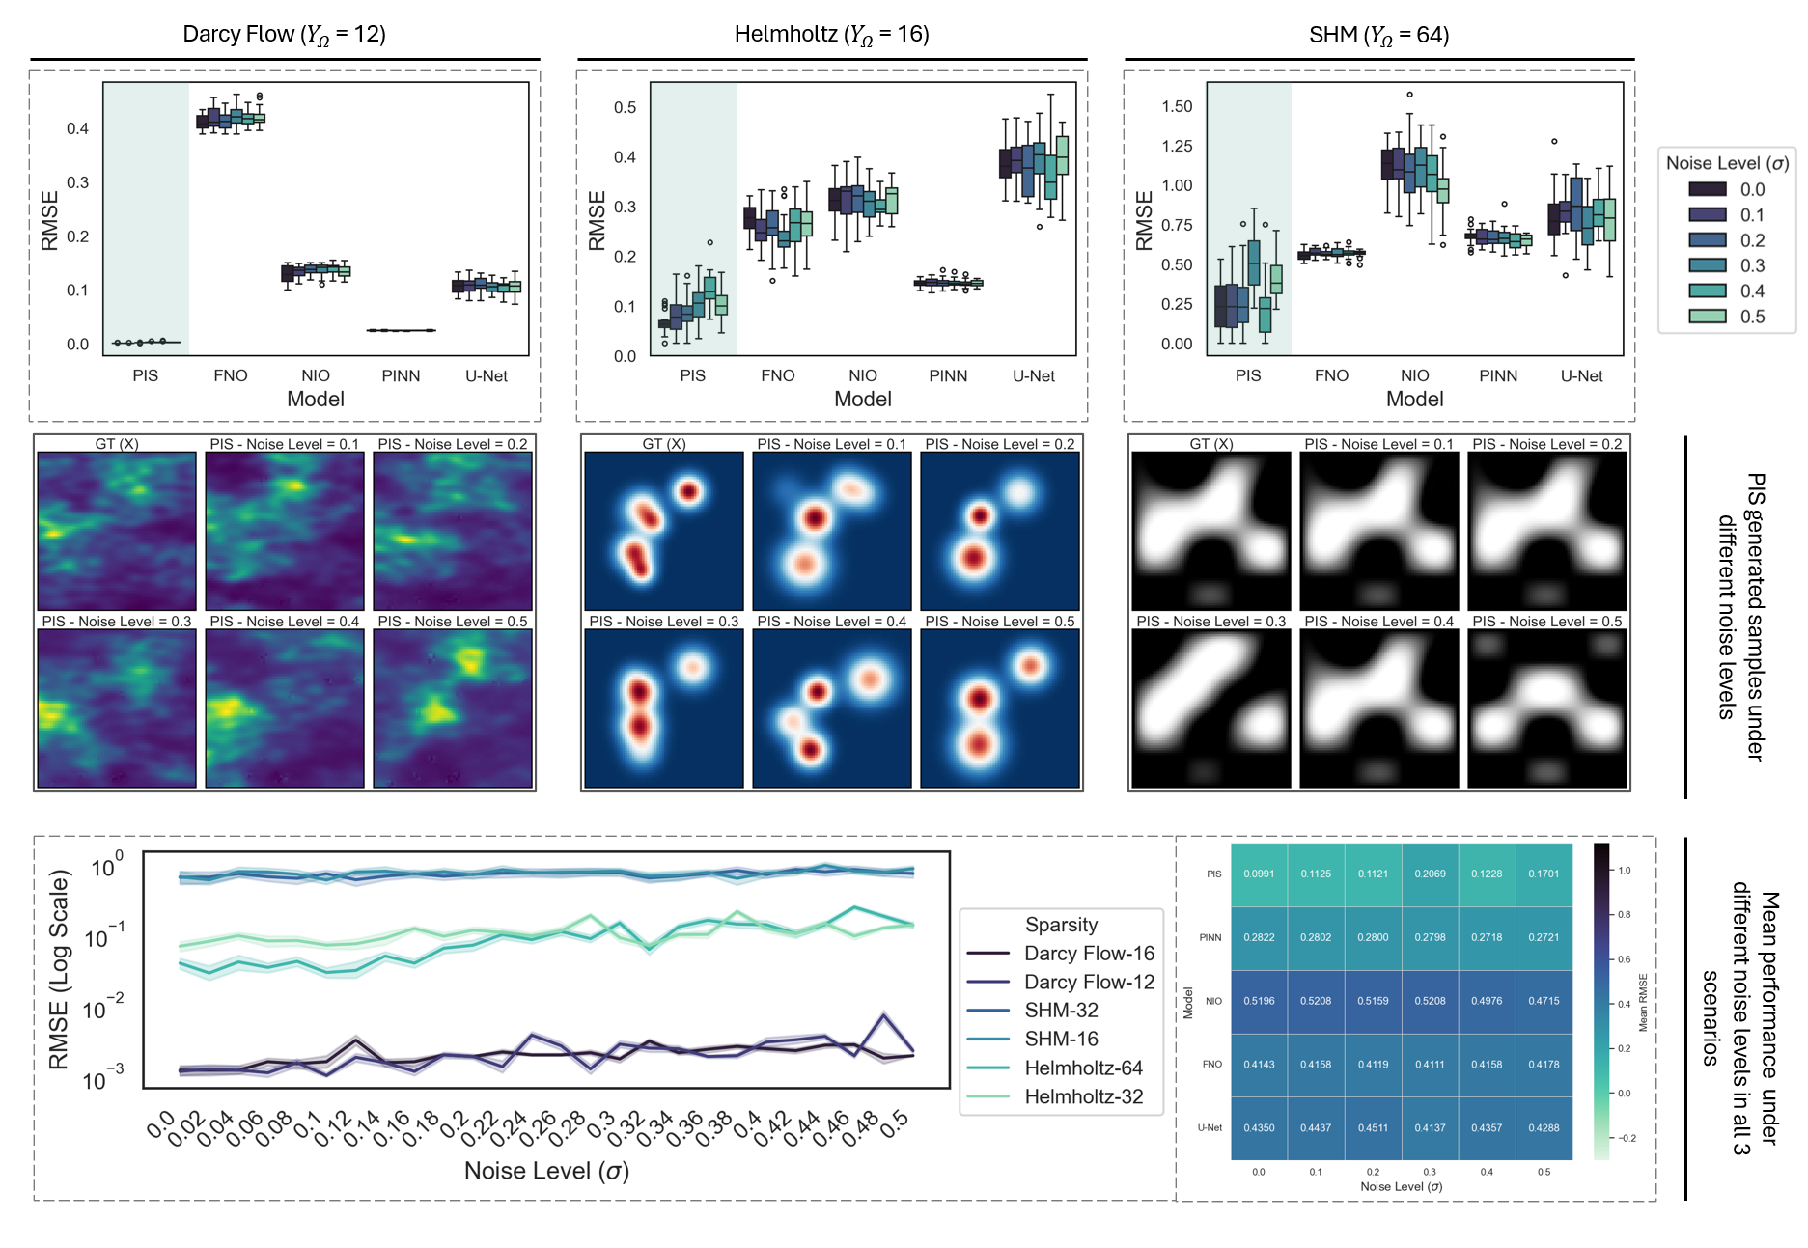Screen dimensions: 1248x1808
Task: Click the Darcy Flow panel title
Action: (284, 35)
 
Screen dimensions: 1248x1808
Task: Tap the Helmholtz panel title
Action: (831, 35)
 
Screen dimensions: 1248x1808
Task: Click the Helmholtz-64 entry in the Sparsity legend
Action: (1083, 1068)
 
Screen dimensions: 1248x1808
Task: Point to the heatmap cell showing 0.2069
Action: (1430, 874)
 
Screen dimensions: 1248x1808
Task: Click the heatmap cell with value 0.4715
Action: (1544, 1001)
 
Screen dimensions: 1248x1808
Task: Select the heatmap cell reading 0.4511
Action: (1373, 1127)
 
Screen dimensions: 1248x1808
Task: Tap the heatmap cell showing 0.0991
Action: (1259, 874)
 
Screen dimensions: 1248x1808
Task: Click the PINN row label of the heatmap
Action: (1210, 937)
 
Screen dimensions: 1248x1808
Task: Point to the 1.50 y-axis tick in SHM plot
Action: (1177, 106)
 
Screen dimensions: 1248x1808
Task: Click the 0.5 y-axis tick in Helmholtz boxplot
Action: (625, 107)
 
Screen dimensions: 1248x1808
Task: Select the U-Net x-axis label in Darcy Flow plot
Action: (487, 375)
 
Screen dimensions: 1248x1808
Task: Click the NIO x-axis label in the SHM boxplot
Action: (1414, 375)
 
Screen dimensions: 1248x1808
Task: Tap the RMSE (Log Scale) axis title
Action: (59, 970)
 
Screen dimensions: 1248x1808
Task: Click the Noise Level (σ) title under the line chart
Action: (546, 1171)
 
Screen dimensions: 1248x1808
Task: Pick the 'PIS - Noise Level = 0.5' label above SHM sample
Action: (1546, 622)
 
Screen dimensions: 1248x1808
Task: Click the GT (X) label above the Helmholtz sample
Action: (664, 444)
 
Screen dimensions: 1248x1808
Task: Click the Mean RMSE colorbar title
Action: (1643, 1002)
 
